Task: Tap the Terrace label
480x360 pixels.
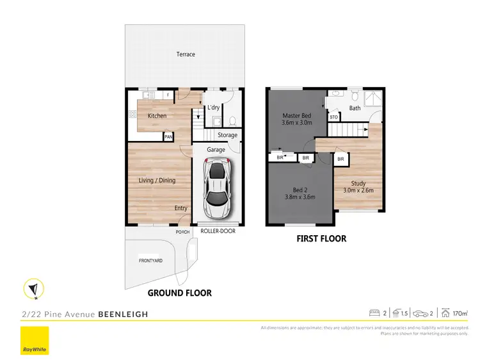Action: tap(186, 54)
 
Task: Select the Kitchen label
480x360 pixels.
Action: tap(157, 116)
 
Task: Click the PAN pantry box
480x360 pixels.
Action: tap(168, 136)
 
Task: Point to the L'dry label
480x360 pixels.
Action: tap(214, 108)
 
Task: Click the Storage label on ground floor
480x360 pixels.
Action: tap(227, 135)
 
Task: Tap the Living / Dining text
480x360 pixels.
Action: tap(157, 181)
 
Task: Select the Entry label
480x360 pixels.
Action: tap(181, 208)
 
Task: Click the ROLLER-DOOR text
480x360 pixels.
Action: tap(218, 231)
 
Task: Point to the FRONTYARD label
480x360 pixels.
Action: tap(151, 261)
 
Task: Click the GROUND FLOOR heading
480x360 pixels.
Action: tap(179, 293)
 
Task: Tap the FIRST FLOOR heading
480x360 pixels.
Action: tap(321, 239)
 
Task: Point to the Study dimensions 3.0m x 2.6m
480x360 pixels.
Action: tap(358, 190)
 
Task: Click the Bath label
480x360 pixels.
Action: tap(355, 108)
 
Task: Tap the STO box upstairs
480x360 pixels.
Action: tap(334, 117)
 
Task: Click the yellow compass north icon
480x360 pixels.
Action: tap(31, 290)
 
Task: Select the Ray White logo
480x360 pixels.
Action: tap(34, 341)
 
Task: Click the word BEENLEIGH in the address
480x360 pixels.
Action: tap(123, 315)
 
